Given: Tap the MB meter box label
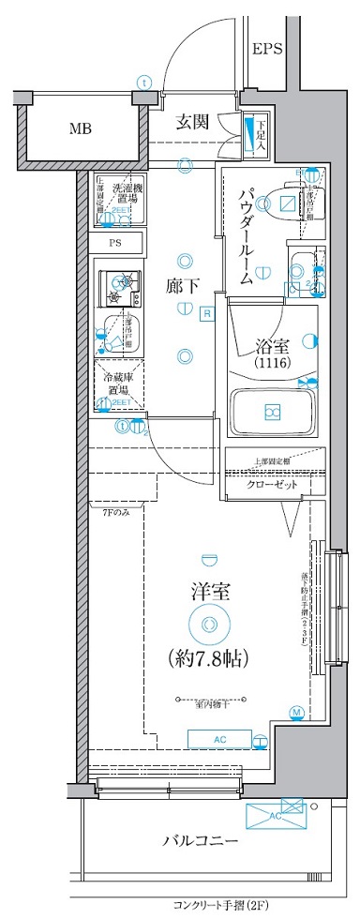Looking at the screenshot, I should (x=79, y=128).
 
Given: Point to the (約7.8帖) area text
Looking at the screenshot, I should (x=208, y=656).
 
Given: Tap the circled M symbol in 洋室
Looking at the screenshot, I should (x=296, y=714).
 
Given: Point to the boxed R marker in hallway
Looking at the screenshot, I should (x=206, y=314).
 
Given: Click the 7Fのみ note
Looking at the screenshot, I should (x=115, y=511).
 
